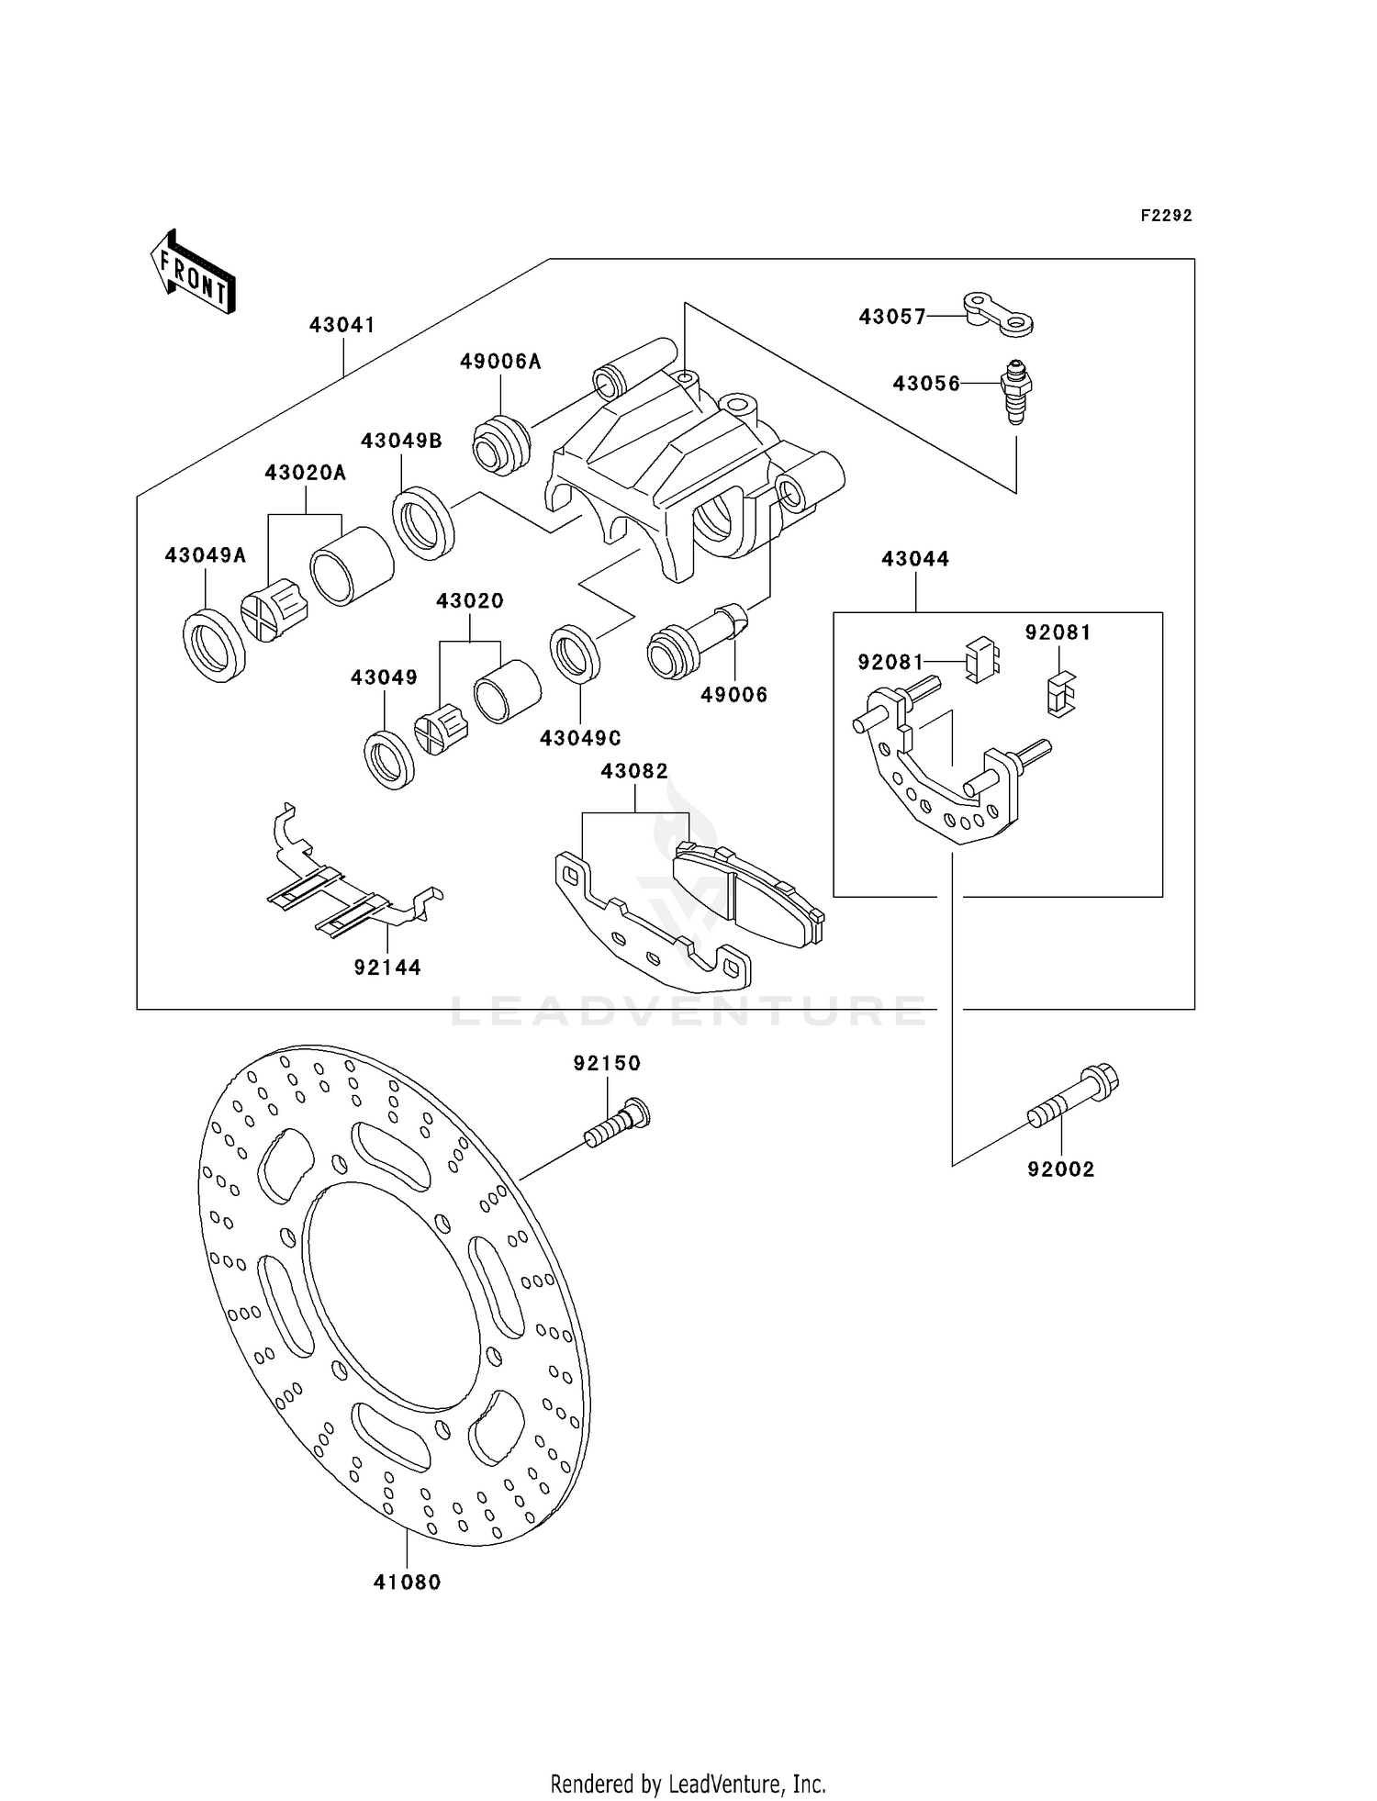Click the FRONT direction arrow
pos(193,273)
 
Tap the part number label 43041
pos(342,325)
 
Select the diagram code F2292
pos(1167,216)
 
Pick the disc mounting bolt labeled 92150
pos(617,1123)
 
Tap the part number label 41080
pos(408,1583)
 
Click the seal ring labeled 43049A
pos(215,645)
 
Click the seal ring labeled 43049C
pos(576,654)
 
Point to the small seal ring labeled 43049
pos(389,760)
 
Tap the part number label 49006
pos(734,695)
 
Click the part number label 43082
pos(635,771)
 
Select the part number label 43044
pos(915,559)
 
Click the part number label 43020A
pos(306,473)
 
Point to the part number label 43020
pos(470,601)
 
